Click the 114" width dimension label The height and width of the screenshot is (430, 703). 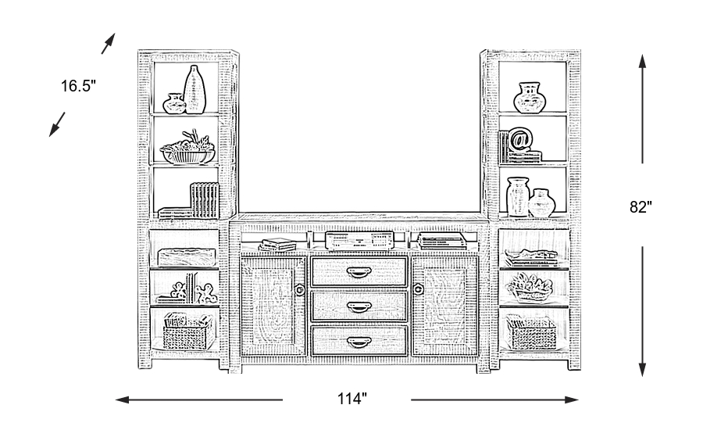(352, 399)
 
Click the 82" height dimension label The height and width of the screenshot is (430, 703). (641, 207)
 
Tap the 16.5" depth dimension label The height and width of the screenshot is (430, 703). (78, 86)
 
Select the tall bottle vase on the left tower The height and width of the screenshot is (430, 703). (194, 89)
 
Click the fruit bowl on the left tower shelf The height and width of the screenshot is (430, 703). (187, 149)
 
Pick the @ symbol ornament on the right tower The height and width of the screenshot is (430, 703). (519, 139)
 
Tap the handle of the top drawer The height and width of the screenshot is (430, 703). (359, 272)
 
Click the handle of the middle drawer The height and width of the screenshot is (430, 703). (359, 307)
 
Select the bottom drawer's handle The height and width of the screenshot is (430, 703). (359, 342)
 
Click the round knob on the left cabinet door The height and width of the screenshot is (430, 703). (300, 290)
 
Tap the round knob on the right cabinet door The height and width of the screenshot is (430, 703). (418, 289)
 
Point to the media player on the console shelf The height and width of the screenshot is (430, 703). (359, 241)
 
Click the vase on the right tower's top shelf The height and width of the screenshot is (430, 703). (530, 98)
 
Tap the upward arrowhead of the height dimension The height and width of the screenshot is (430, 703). (643, 62)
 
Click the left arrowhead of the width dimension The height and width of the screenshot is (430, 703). (123, 400)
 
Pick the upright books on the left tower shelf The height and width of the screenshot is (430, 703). (205, 200)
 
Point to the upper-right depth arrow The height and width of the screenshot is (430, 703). (109, 44)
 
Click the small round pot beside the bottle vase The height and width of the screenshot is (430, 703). (174, 104)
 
